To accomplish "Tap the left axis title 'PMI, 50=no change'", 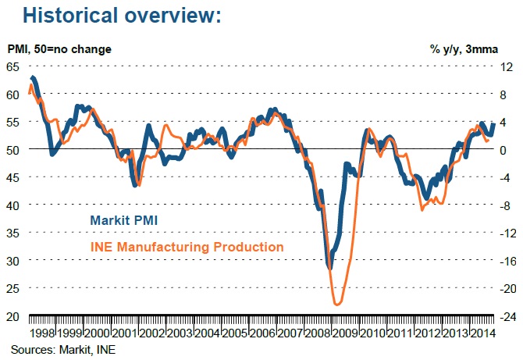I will click(x=59, y=49).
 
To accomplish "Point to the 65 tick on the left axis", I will click(x=13, y=66).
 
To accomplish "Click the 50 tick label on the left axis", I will click(x=13, y=149).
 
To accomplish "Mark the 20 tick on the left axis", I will click(x=13, y=315).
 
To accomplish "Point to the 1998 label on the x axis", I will click(x=43, y=332).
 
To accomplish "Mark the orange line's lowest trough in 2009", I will click(x=336, y=305).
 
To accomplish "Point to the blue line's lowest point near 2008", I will click(x=329, y=268).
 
